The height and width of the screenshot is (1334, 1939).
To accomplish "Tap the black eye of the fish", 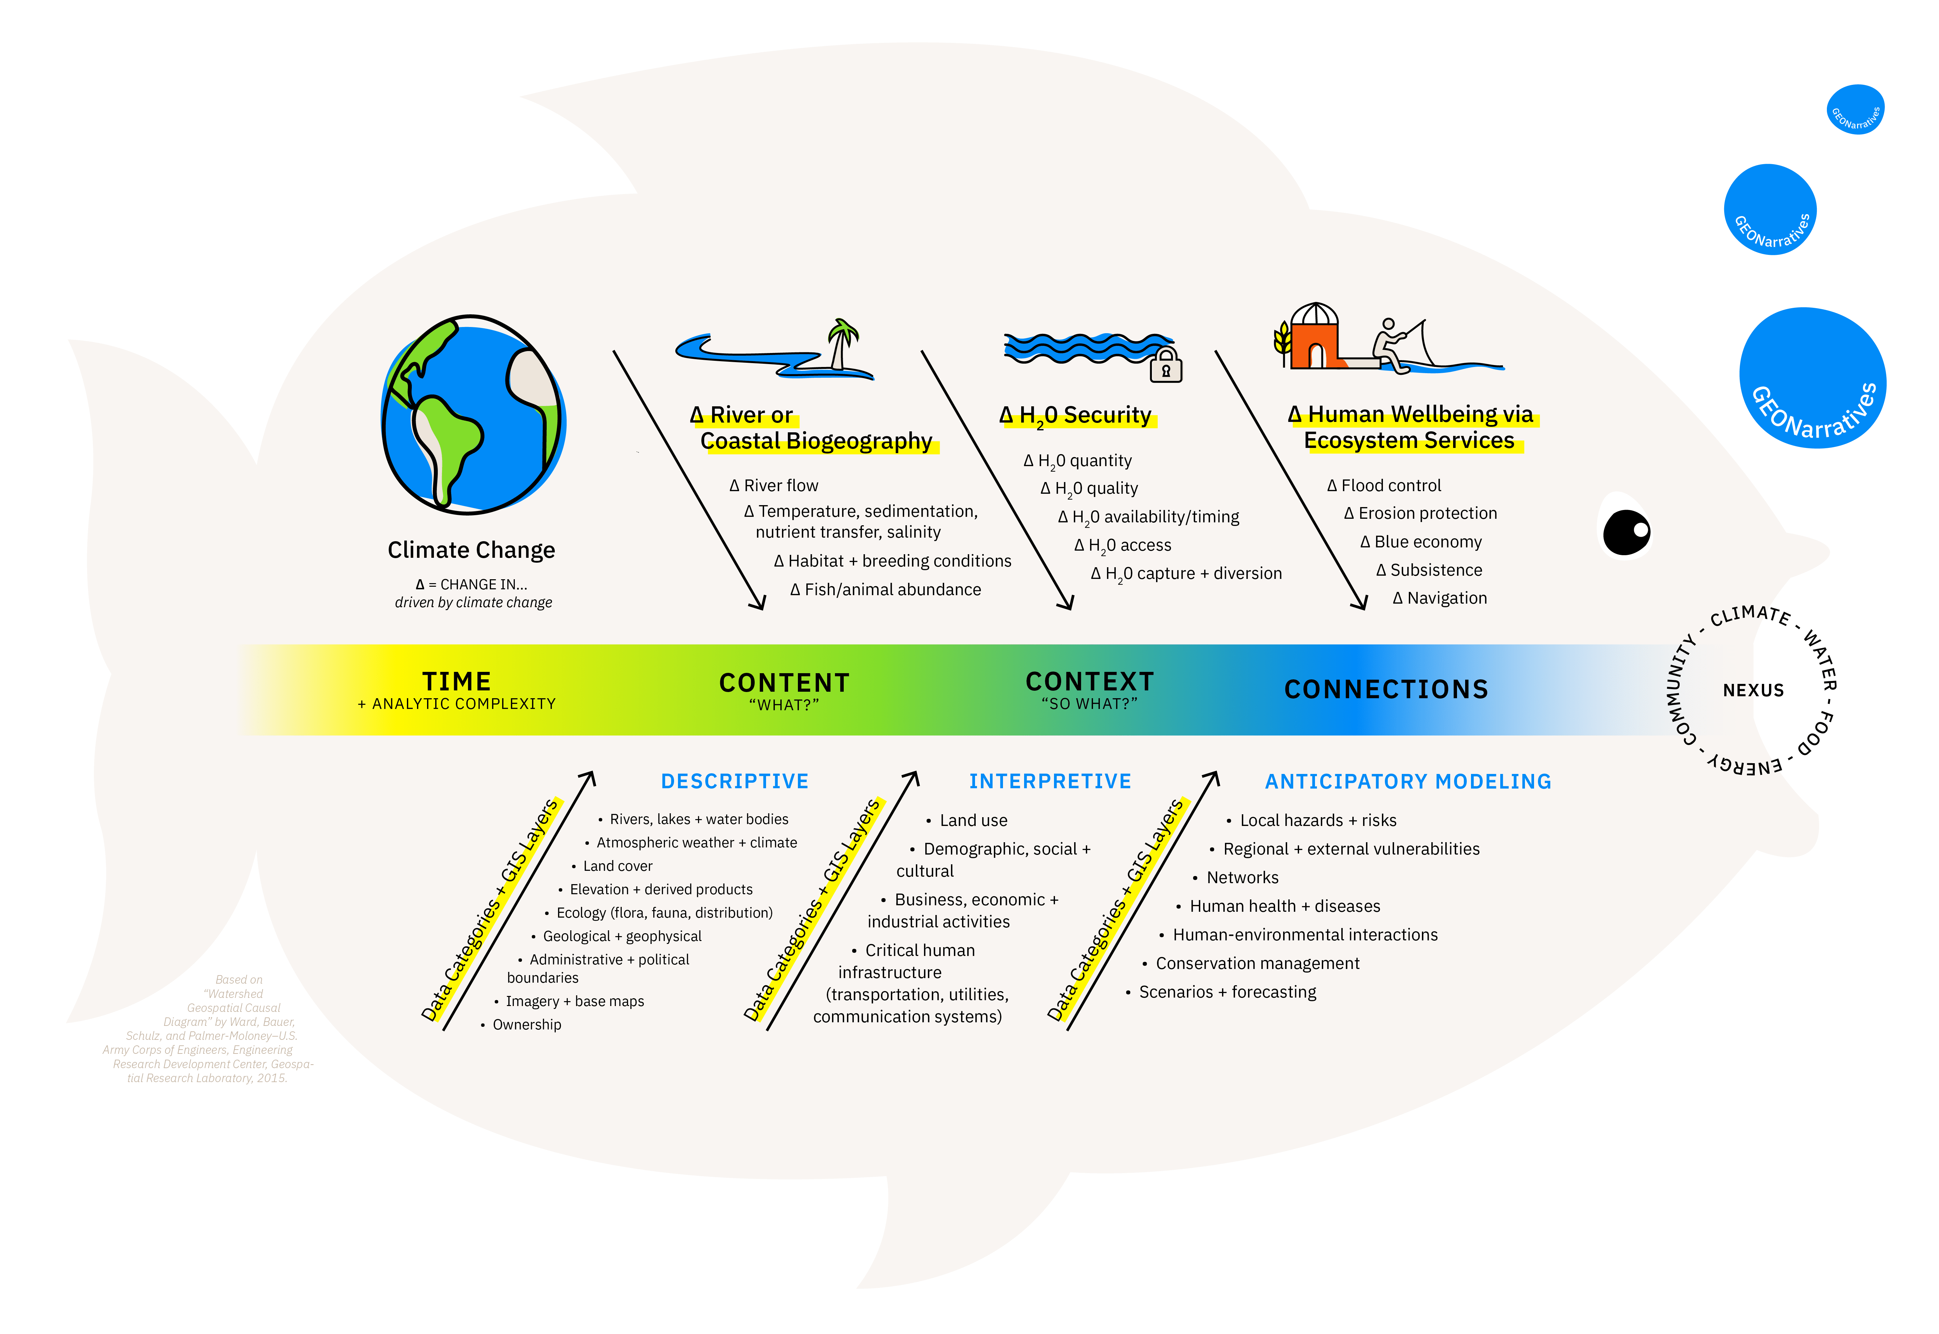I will (1626, 532).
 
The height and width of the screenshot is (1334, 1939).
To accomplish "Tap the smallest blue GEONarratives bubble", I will (1855, 110).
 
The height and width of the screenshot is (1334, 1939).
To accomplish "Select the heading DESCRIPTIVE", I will (735, 781).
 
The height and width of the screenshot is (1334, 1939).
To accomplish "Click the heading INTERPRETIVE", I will (1050, 781).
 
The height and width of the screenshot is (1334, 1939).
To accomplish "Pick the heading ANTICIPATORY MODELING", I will (1408, 781).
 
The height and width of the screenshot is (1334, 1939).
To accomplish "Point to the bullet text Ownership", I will (527, 1025).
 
